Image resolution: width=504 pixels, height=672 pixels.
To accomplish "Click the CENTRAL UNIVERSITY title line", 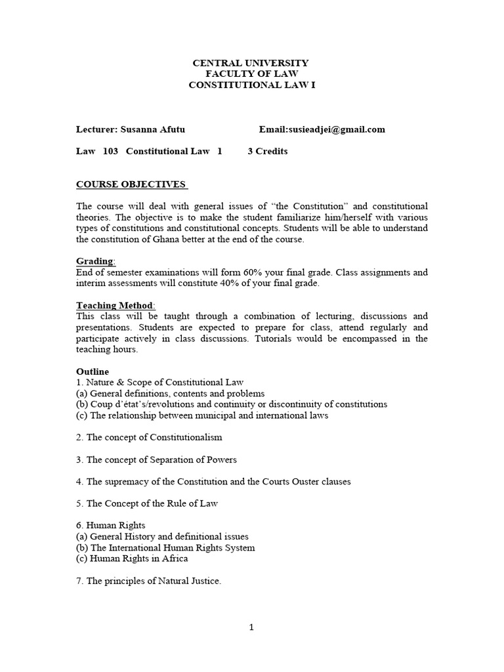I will [250, 63].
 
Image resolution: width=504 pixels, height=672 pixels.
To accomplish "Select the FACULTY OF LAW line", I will [250, 74].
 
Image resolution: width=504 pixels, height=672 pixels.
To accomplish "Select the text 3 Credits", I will [268, 151].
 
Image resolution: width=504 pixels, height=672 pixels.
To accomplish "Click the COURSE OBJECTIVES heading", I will [132, 184].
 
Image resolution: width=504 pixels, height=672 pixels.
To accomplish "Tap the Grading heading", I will [95, 261].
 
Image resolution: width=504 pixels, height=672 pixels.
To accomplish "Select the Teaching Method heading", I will [115, 305].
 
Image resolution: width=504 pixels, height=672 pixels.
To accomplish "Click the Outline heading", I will [93, 371].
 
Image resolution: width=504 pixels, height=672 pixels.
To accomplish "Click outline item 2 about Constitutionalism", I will [149, 437].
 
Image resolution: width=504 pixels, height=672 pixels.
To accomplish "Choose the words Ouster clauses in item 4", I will [322, 482].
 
